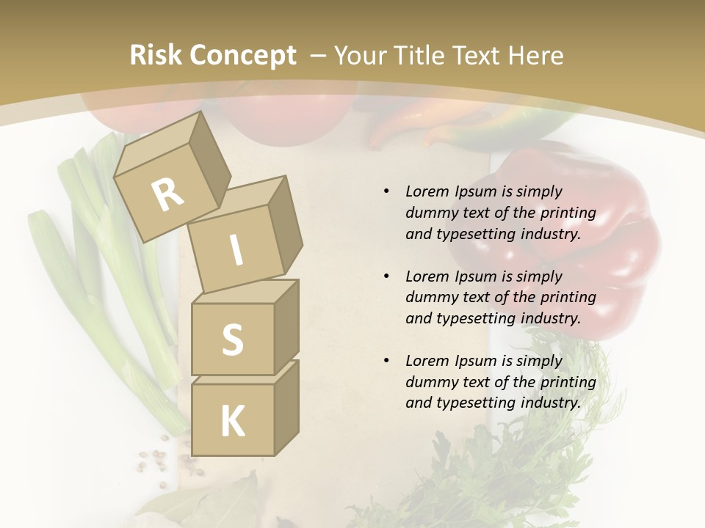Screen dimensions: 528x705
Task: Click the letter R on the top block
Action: (167, 194)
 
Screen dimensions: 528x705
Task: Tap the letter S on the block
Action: (232, 340)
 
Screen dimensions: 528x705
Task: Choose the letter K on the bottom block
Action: (232, 421)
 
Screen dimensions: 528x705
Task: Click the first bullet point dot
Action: (386, 192)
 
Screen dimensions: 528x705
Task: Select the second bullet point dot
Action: (386, 276)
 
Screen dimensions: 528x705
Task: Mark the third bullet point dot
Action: (386, 361)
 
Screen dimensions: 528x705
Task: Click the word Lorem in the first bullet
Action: (427, 191)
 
